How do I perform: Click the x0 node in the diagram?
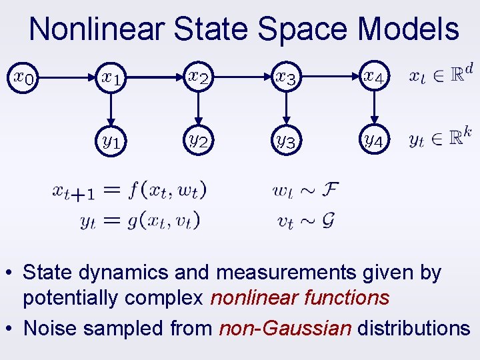point(23,77)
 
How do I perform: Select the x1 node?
point(111,77)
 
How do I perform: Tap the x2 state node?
point(198,77)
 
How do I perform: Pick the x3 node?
point(286,77)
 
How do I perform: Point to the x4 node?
point(373,77)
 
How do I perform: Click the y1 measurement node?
point(111,141)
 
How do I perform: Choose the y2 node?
point(198,141)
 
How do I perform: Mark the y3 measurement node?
point(286,141)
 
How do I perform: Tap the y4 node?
point(373,141)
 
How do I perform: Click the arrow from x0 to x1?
point(67,77)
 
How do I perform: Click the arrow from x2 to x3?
point(242,77)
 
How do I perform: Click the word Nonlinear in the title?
point(97,30)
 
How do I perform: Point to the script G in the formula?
point(327,221)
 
